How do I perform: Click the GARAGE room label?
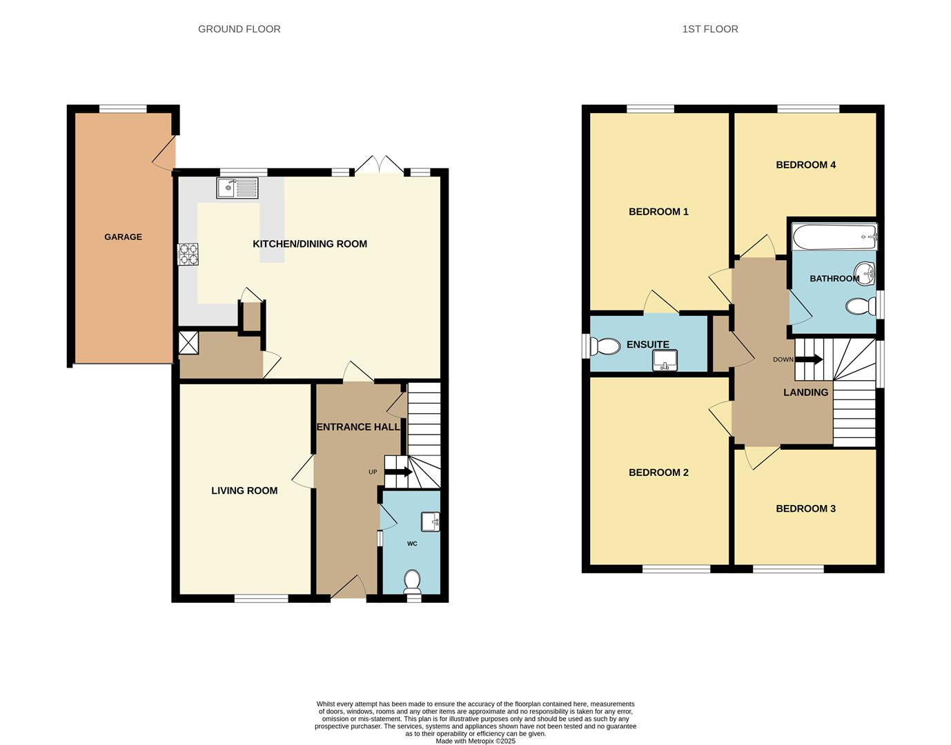123,237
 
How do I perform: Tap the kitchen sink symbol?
237,188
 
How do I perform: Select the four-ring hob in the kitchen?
188,255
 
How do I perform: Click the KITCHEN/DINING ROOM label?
310,244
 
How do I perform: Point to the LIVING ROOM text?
244,490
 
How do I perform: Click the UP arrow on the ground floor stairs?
398,473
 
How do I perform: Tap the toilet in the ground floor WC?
412,581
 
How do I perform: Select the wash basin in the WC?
431,521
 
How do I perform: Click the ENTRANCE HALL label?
357,427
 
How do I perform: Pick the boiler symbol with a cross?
188,343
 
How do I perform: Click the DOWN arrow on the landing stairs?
809,359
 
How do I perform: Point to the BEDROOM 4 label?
805,165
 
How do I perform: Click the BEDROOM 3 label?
805,508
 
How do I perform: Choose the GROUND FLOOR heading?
239,29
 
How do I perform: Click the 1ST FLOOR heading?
710,29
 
